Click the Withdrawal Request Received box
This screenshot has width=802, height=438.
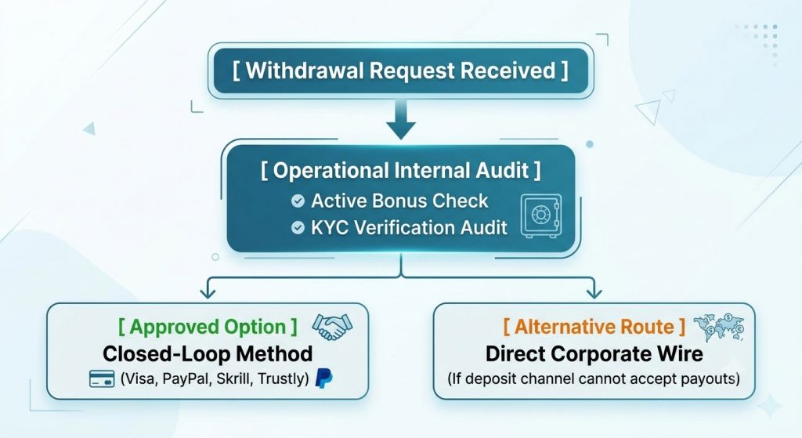[400, 71]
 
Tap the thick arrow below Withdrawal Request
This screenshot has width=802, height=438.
[401, 119]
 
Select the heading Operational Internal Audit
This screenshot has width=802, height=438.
[400, 170]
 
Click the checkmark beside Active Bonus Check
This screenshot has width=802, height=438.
[298, 201]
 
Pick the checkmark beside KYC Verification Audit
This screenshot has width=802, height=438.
[298, 228]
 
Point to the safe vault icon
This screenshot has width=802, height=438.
[540, 216]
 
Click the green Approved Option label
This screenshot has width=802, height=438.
[208, 327]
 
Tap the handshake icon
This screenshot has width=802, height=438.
[332, 327]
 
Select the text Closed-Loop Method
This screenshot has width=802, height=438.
[208, 353]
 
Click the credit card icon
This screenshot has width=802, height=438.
[102, 379]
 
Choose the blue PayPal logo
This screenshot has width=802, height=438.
[323, 378]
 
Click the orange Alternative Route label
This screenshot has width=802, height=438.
[594, 327]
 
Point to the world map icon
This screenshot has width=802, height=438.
[719, 328]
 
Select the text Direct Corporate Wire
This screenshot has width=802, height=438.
[594, 353]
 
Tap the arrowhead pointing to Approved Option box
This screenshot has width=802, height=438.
[208, 292]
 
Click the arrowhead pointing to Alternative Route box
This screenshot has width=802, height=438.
[594, 292]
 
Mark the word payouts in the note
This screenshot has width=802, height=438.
[710, 379]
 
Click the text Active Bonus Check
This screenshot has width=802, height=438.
[399, 201]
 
